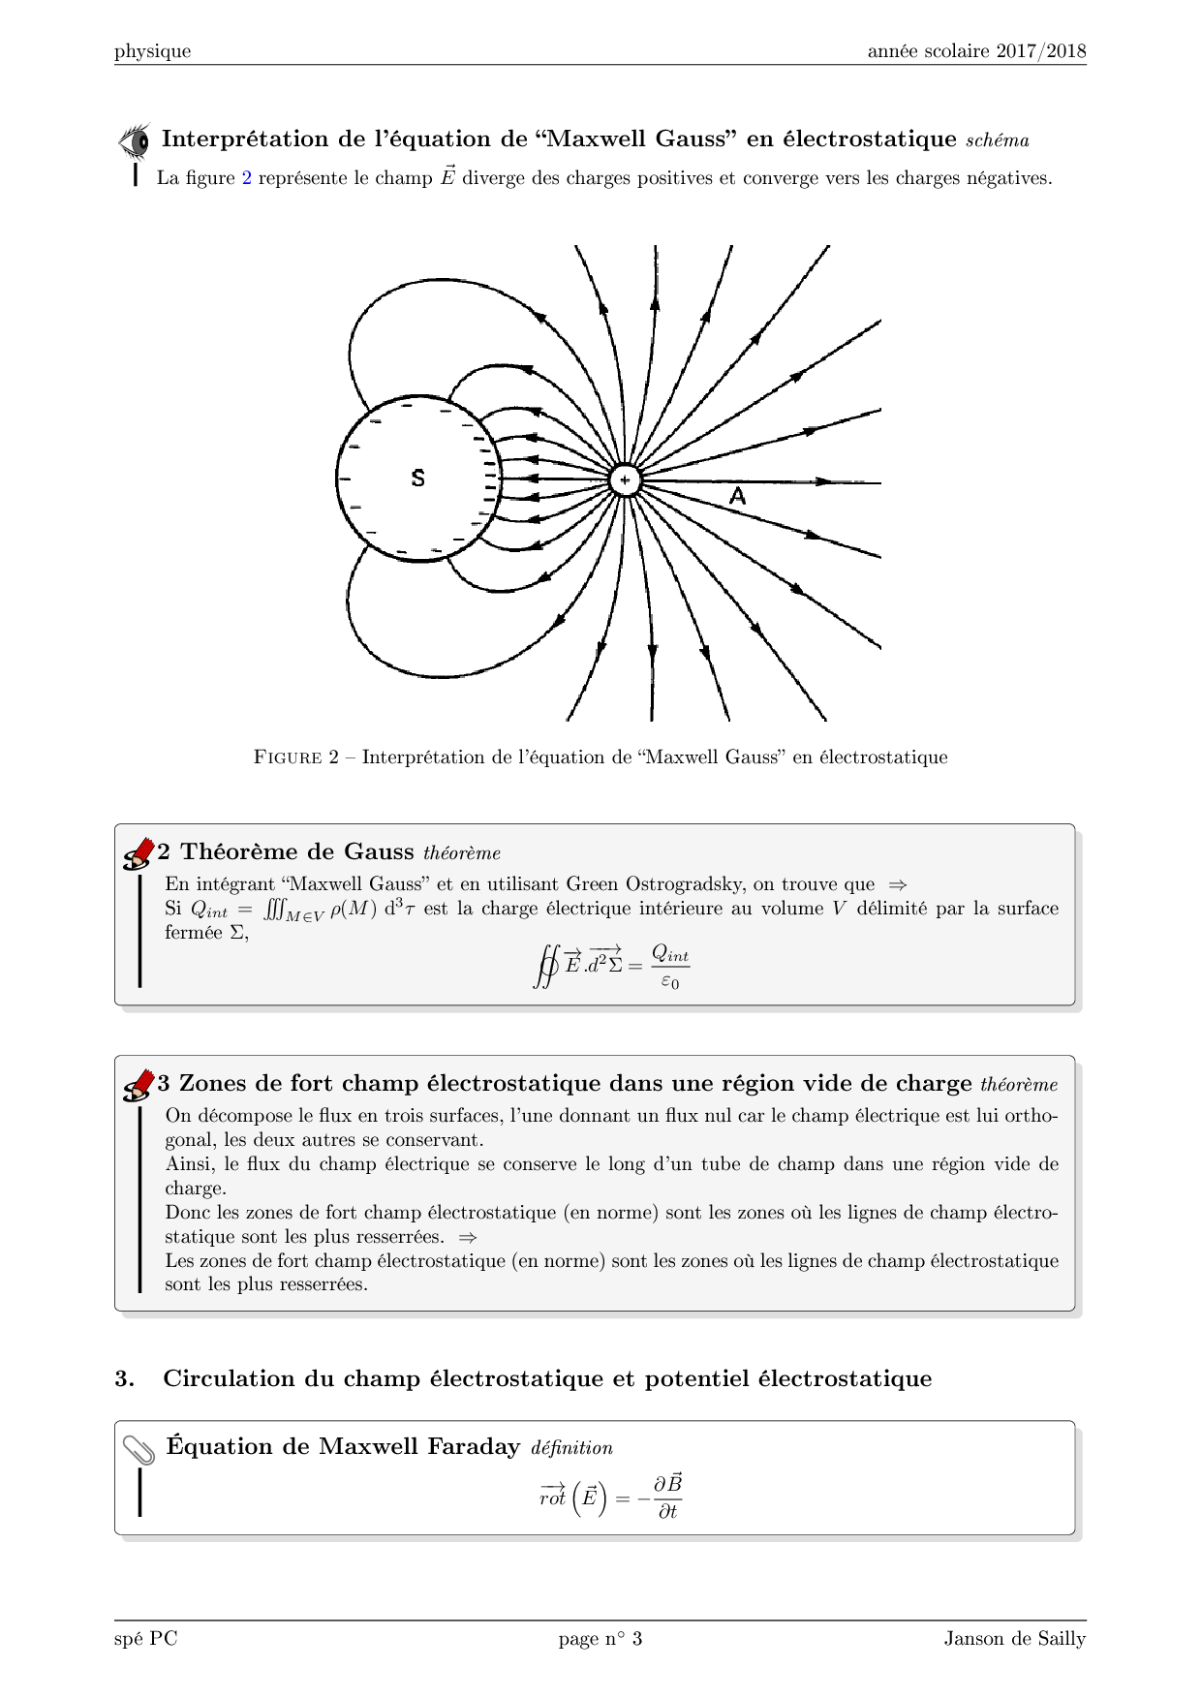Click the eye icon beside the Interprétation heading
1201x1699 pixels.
(135, 140)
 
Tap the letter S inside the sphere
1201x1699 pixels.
(417, 478)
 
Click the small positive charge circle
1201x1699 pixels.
(625, 480)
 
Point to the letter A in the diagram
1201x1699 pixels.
(737, 497)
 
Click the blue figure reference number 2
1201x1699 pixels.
(247, 178)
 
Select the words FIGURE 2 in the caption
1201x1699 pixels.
(296, 757)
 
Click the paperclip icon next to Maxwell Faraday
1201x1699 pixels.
(139, 1449)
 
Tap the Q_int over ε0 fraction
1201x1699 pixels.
(670, 966)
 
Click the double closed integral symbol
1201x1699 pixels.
(546, 966)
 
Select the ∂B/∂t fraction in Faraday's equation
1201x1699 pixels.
(667, 1497)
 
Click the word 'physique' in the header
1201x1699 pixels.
(153, 51)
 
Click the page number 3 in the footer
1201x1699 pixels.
(637, 1639)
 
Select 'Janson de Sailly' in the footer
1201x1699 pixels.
(1015, 1639)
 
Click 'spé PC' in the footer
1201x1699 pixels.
(146, 1639)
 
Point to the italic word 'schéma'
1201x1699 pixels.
(998, 140)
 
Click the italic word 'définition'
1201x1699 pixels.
(571, 1448)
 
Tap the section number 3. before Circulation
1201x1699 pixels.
(124, 1378)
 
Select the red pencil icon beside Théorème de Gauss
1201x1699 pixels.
(139, 853)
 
